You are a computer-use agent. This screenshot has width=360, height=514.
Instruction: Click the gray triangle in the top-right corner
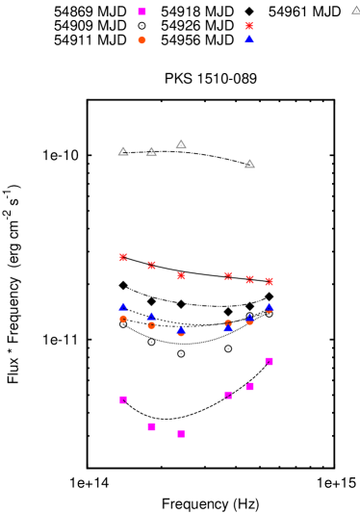tap(355, 10)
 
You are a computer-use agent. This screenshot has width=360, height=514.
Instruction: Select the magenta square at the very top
tap(141, 12)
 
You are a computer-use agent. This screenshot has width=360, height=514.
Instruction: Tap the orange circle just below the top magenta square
tap(141, 40)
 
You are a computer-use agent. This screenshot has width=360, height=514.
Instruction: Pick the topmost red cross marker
tap(248, 26)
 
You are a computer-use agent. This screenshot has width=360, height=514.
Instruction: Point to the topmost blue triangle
tap(248, 39)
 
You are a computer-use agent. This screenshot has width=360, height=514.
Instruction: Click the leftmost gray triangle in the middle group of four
tap(123, 151)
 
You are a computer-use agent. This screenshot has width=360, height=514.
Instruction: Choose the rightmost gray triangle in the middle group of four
tap(249, 164)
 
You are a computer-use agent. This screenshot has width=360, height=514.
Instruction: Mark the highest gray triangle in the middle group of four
tap(181, 143)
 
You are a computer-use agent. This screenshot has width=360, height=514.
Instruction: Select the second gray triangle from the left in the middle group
tap(151, 151)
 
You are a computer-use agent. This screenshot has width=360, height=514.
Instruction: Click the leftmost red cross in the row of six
tap(123, 257)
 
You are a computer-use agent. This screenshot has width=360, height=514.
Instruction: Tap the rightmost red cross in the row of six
tap(269, 281)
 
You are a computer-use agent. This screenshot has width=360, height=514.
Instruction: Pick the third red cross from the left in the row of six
tap(181, 275)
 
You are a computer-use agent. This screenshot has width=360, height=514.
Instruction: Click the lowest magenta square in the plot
tap(181, 433)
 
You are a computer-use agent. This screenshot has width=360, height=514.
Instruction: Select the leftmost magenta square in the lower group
tap(123, 399)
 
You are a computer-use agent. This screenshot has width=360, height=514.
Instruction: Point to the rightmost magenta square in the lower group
tap(269, 361)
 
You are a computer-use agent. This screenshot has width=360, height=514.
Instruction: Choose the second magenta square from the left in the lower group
tap(151, 426)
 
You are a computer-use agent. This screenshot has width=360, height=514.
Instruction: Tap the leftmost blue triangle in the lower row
tap(123, 306)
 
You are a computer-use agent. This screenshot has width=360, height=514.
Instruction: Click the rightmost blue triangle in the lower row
tap(269, 307)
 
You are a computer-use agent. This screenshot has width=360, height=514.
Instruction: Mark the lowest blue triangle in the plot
tap(181, 330)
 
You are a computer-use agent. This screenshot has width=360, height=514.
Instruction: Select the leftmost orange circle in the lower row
tap(123, 319)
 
